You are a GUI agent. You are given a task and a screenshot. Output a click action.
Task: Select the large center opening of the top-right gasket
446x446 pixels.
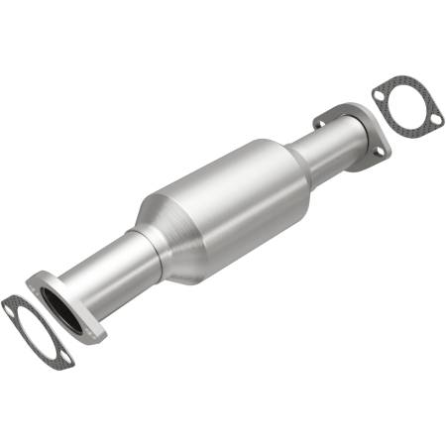[407, 104]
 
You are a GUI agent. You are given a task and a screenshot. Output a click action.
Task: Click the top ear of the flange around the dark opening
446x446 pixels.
[36, 281]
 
